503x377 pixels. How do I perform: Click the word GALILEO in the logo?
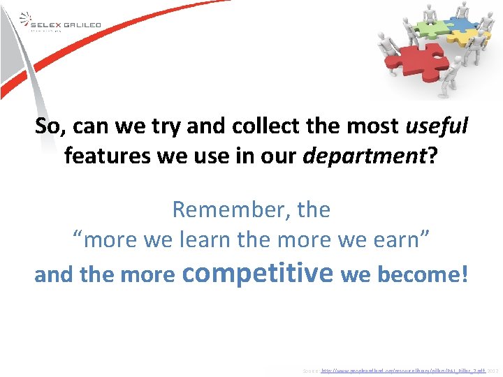click(82, 25)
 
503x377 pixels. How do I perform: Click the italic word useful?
click(437, 126)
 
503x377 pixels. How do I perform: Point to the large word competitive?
click(256, 272)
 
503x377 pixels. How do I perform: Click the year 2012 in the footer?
click(493, 370)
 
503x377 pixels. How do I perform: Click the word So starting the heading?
click(48, 126)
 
